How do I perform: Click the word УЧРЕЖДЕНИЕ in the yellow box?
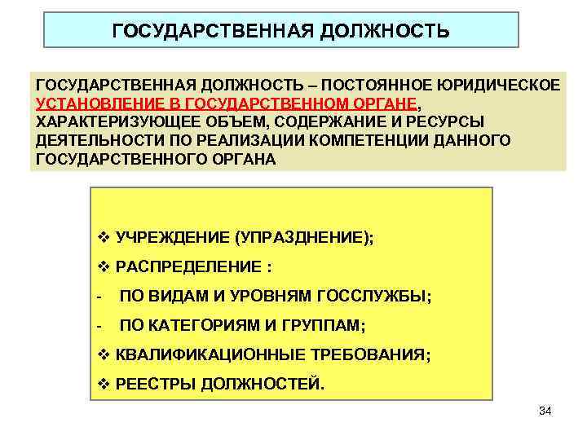172,238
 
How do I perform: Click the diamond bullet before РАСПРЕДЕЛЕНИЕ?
102,267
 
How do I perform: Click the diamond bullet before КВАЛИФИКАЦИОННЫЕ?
102,355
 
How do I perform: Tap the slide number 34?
545,411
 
